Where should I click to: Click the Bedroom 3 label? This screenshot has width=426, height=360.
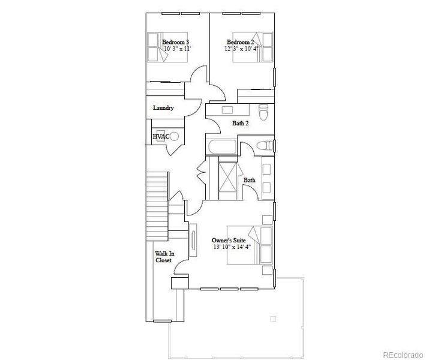pos(176,42)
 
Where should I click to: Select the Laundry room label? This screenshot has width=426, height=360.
pos(163,108)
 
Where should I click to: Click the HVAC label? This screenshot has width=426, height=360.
pos(161,136)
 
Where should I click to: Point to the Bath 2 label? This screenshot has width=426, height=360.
pos(241,123)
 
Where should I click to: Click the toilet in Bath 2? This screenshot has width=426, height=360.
pos(263,112)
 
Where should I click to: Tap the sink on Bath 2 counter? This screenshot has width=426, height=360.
pos(227,110)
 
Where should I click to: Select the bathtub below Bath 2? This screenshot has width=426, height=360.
pos(222,147)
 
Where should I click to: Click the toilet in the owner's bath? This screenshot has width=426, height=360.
pos(265,146)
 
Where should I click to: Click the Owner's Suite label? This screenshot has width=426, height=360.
pos(229,241)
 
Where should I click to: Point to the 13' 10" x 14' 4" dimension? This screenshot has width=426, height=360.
pos(232,247)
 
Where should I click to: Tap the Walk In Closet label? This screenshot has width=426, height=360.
pos(164,257)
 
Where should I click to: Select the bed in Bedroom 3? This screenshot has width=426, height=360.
pos(167,47)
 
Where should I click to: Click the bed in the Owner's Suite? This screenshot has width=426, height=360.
pos(250,245)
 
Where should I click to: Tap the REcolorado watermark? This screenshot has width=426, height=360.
pos(403,355)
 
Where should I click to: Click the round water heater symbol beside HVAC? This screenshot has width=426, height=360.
pos(175,136)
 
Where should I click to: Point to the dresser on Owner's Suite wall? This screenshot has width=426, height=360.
pos(193,240)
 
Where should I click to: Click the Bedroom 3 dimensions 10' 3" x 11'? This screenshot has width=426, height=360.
pos(178,49)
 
